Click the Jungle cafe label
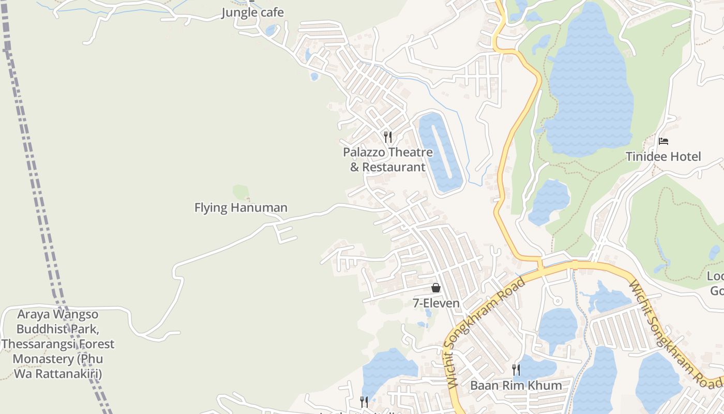point(253,12)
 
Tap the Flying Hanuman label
point(241,208)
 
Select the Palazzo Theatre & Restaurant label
point(388,160)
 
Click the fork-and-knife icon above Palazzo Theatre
point(388,137)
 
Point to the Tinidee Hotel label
point(663,157)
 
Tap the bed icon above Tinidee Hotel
point(664,141)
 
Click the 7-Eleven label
point(436,303)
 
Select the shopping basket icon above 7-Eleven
point(436,288)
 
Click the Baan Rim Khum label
point(516,386)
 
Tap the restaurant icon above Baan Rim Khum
point(516,370)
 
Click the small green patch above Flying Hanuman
point(240,192)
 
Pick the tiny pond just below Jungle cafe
point(270,31)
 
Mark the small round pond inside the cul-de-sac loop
point(557,301)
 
